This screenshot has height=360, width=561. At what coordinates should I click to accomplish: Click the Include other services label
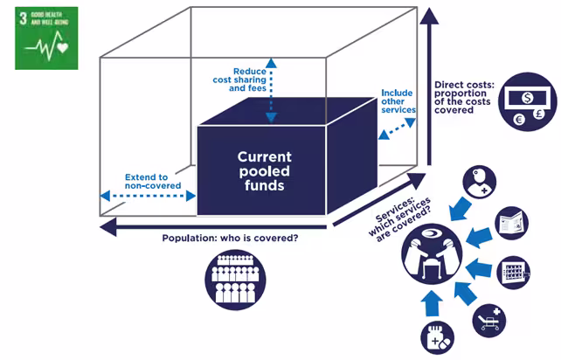395,101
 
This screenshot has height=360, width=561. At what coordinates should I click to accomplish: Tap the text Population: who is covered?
230,238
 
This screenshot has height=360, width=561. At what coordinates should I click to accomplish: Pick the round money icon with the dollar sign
527,100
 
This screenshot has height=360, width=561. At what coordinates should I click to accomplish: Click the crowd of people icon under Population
232,279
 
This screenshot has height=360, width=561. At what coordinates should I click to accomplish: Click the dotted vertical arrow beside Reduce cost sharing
272,90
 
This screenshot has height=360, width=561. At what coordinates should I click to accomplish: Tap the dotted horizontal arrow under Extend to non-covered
148,195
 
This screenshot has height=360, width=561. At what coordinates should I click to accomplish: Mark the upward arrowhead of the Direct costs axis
429,17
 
